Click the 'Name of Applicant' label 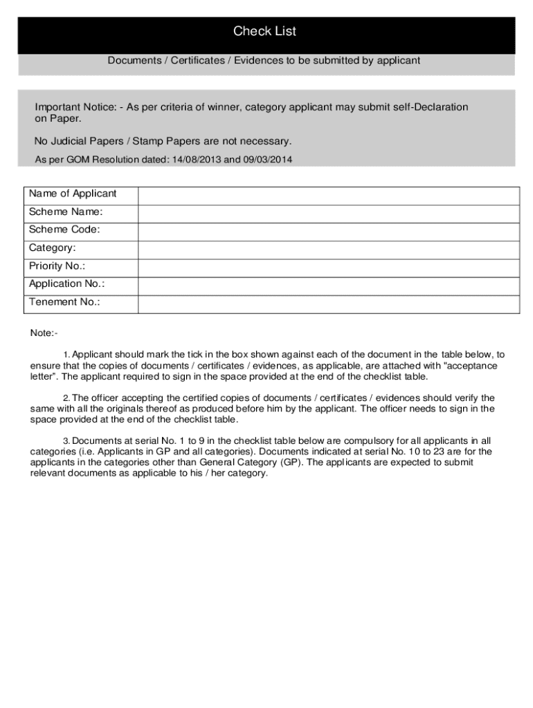tap(73, 194)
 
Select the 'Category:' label tap(53, 248)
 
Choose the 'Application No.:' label tap(67, 284)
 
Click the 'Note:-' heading tap(44, 333)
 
